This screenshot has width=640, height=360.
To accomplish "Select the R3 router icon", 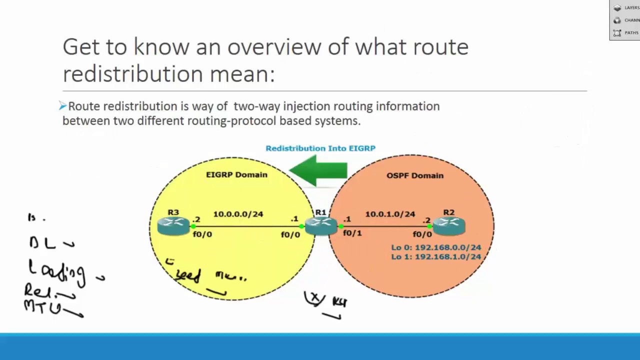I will tap(173, 226).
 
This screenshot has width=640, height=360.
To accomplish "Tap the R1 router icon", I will tap(320, 226).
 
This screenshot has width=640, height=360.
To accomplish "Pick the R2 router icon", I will tap(449, 226).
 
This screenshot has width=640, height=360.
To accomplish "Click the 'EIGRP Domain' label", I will tap(236, 174).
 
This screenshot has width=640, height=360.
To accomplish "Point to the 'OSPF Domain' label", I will tap(414, 175).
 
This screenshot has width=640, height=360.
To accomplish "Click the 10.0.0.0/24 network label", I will tap(238, 214).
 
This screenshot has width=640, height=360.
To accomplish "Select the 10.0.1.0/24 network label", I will tap(390, 214).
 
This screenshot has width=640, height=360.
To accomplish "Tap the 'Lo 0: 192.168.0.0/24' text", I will tap(436, 247).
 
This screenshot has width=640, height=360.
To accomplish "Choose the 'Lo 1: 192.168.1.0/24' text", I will tap(436, 256).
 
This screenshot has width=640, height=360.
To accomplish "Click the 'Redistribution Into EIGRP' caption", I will tap(320, 148).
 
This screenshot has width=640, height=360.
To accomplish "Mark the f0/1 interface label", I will tap(352, 233).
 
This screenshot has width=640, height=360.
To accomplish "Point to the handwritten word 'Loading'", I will tap(56, 271).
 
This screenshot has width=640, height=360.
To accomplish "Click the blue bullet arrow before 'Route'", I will tap(62, 105).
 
